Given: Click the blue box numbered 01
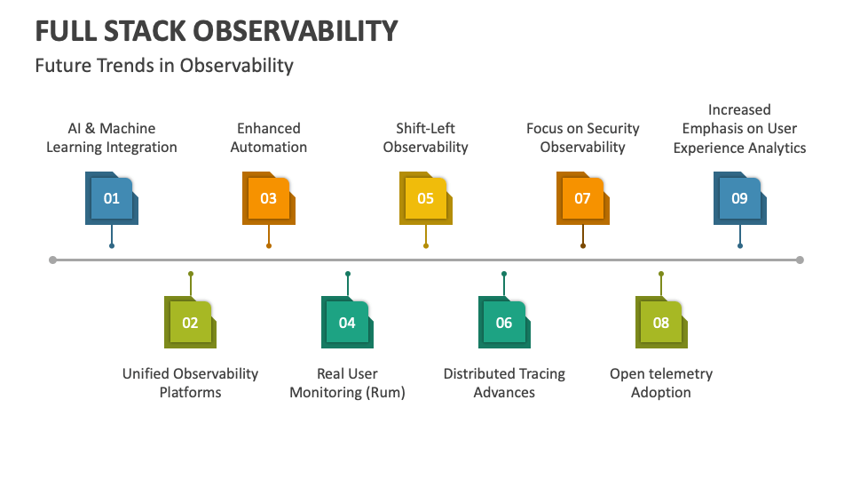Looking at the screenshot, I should tap(112, 198).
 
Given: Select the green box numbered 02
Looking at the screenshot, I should tap(190, 323).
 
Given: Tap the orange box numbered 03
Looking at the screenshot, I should tap(268, 198).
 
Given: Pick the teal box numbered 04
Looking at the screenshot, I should tap(347, 323).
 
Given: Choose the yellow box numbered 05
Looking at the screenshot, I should tap(426, 198).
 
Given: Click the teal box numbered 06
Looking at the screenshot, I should tap(504, 323).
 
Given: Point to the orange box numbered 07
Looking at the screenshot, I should tap(582, 198).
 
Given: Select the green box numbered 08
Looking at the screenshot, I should tap(661, 323).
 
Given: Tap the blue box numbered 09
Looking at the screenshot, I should tap(739, 198).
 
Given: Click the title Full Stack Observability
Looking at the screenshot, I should tap(216, 31).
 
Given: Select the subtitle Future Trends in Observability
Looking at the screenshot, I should tap(164, 66).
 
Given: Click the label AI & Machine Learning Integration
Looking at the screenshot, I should tap(112, 138).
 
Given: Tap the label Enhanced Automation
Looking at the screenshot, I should tap(269, 138).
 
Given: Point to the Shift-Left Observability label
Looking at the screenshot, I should tap(426, 138).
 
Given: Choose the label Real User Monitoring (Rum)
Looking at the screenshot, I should tap(347, 383).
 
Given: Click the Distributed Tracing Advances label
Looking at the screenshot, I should tap(504, 383).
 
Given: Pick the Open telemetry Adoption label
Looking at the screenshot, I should tap(661, 383).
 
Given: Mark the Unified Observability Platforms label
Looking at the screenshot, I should tap(190, 383).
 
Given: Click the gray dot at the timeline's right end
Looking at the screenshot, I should tap(800, 260).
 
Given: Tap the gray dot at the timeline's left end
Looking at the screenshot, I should tap(53, 260).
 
